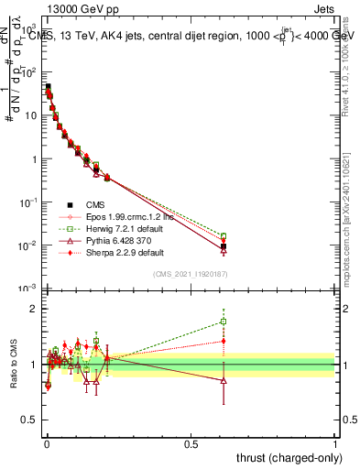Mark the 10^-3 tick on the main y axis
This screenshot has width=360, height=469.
tap(26, 289)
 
